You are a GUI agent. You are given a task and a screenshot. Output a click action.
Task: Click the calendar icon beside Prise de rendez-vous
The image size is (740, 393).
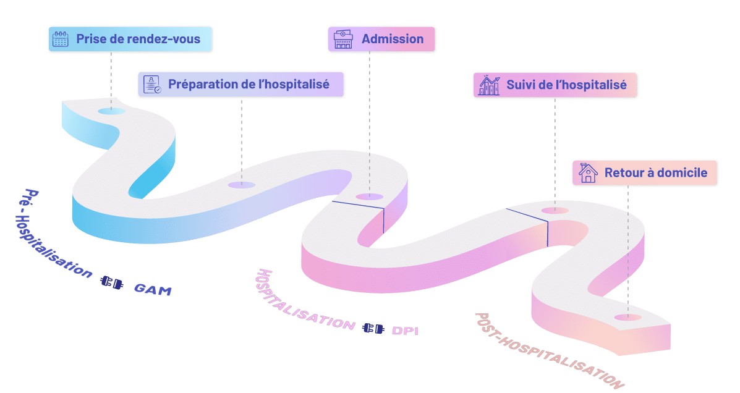click(61, 39)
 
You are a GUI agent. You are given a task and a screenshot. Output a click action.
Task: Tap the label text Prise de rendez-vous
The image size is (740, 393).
click(138, 39)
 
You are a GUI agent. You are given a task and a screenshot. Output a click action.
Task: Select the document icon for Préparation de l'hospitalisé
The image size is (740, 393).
click(152, 84)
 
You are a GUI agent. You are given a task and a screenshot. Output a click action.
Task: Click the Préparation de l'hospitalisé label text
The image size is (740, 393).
click(249, 84)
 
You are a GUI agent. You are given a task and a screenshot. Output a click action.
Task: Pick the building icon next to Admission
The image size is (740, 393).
click(342, 39)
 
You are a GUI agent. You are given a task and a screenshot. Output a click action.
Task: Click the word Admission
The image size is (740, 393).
click(393, 39)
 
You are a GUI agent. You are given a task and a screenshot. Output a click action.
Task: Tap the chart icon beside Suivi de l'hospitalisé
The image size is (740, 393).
click(489, 85)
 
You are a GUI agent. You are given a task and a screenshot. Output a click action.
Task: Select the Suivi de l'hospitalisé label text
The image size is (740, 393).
click(566, 85)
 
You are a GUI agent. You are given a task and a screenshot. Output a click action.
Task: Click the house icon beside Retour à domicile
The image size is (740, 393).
click(588, 173)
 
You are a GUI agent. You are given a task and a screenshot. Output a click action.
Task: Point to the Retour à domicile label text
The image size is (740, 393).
click(656, 173)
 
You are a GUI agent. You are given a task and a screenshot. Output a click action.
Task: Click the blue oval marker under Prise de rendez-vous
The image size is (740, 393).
click(111, 111)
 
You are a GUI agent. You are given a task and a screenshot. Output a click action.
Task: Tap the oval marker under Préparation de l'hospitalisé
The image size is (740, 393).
click(241, 185)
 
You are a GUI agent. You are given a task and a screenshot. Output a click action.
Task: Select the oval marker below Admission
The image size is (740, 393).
click(370, 196)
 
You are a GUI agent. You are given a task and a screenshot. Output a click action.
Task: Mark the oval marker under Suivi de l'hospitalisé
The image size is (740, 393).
click(555, 211)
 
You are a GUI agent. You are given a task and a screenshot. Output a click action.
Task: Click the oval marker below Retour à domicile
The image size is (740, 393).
click(628, 318)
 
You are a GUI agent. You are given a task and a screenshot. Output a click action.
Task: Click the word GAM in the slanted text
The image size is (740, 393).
click(153, 288)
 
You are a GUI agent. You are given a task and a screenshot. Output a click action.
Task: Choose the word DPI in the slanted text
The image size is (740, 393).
click(405, 330)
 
